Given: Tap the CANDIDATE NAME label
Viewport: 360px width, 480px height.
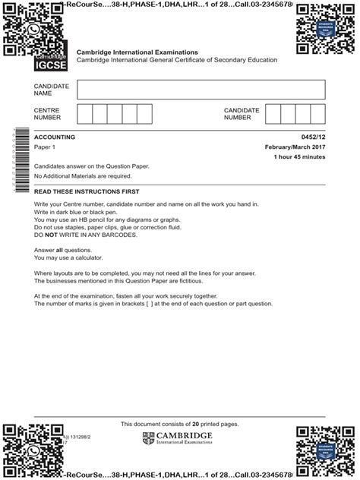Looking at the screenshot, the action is pos(52,90).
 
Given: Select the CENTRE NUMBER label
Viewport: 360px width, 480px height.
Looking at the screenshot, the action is pos(47,115).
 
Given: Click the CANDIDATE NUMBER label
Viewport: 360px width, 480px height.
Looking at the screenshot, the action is pos(242,115).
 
